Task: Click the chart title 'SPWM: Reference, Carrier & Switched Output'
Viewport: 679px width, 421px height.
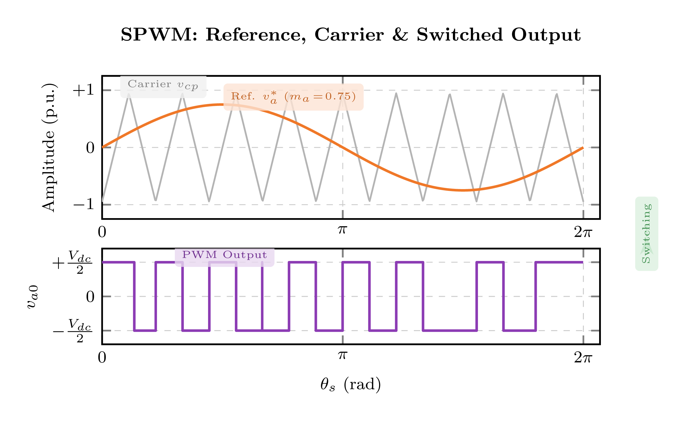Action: (x=350, y=35)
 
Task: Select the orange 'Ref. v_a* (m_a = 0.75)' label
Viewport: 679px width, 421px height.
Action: (x=293, y=97)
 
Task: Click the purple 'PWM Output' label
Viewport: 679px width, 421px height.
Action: (x=224, y=255)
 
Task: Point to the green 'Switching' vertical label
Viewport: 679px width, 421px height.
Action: (x=646, y=233)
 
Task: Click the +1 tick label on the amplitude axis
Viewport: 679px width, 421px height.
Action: (x=83, y=90)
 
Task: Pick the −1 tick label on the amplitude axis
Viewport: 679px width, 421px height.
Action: (x=83, y=204)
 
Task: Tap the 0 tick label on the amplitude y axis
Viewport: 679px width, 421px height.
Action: (x=90, y=148)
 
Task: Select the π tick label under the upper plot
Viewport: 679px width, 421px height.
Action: (x=342, y=230)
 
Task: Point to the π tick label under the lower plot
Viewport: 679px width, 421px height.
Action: (x=342, y=355)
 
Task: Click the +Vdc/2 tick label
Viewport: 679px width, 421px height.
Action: (x=72, y=262)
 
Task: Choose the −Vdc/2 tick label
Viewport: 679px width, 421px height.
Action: (x=72, y=331)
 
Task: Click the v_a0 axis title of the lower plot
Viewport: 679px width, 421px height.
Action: (x=32, y=297)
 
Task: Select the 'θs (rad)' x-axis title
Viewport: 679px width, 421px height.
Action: (x=350, y=384)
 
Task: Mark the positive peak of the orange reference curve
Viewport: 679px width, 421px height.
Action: (x=222, y=105)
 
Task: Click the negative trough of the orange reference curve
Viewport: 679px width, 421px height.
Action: (x=463, y=190)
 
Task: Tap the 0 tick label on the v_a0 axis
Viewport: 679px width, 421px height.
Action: (x=90, y=297)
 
